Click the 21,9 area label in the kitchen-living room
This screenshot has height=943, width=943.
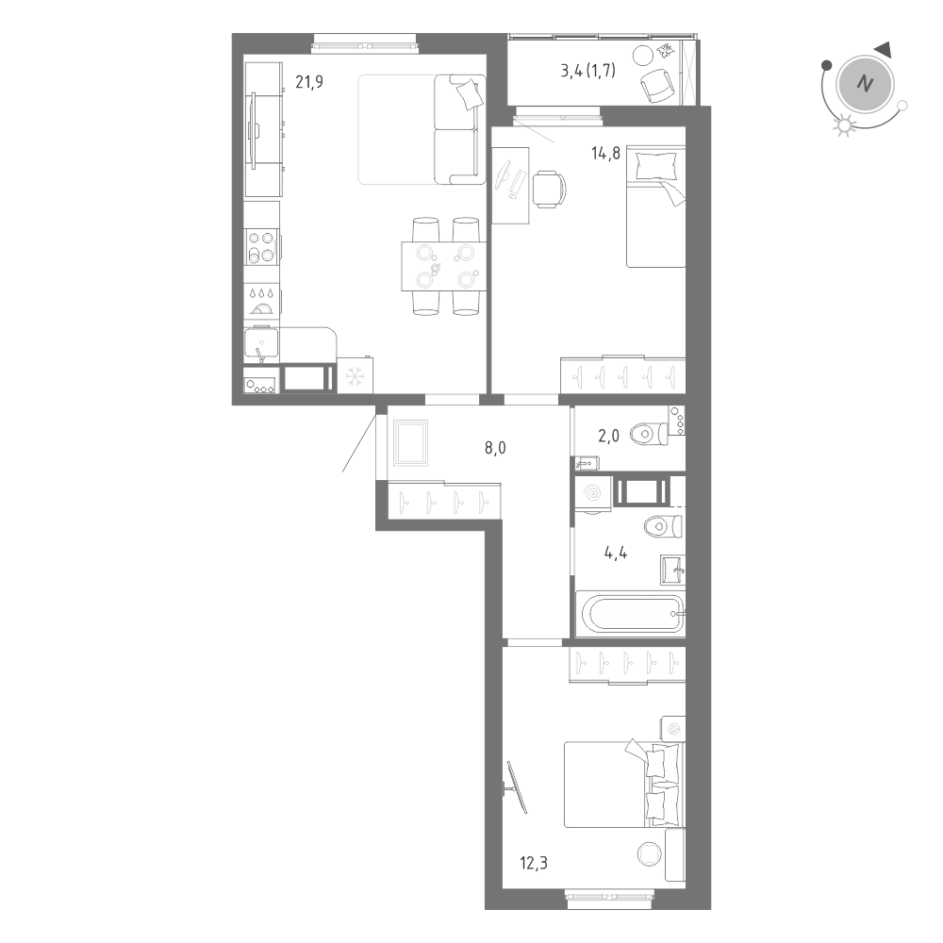coord(309,82)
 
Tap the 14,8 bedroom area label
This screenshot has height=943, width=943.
coord(605,155)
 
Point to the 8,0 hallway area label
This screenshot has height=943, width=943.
coord(495,448)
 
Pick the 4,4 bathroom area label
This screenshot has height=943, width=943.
coord(616,553)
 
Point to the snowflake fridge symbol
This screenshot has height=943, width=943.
coord(356,376)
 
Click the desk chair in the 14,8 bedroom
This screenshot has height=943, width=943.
coord(549,189)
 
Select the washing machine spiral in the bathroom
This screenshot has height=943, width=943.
coord(593,493)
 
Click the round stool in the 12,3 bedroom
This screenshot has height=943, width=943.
coord(648,853)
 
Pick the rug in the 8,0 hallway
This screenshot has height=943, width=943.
coord(411,442)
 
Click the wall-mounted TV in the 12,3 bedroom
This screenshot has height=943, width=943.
coord(517,787)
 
